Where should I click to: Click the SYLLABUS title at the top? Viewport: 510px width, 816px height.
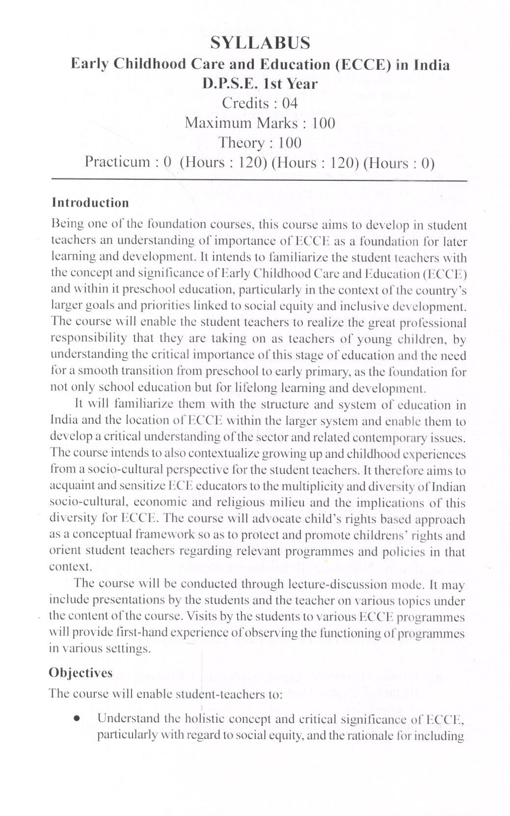pyautogui.click(x=260, y=43)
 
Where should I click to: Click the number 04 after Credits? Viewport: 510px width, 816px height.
pyautogui.click(x=290, y=103)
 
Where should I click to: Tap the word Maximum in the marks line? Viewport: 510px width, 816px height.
pyautogui.click(x=218, y=123)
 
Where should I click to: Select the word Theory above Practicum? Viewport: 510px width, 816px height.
pyautogui.click(x=241, y=143)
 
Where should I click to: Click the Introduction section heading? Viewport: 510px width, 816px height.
pyautogui.click(x=90, y=203)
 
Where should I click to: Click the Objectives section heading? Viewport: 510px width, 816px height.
pyautogui.click(x=81, y=673)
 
